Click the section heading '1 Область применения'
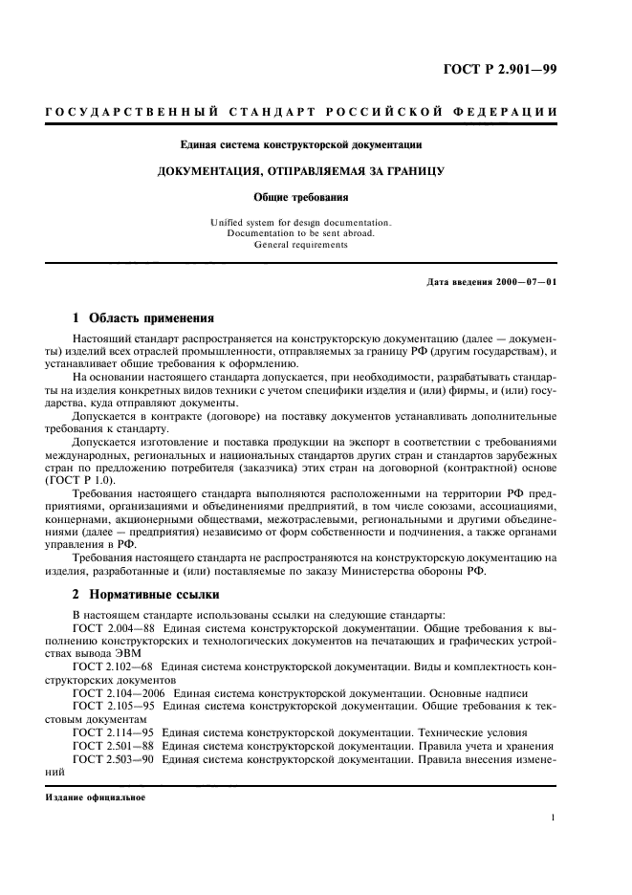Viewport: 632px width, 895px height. [x=143, y=317]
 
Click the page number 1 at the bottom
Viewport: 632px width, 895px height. [x=554, y=818]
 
